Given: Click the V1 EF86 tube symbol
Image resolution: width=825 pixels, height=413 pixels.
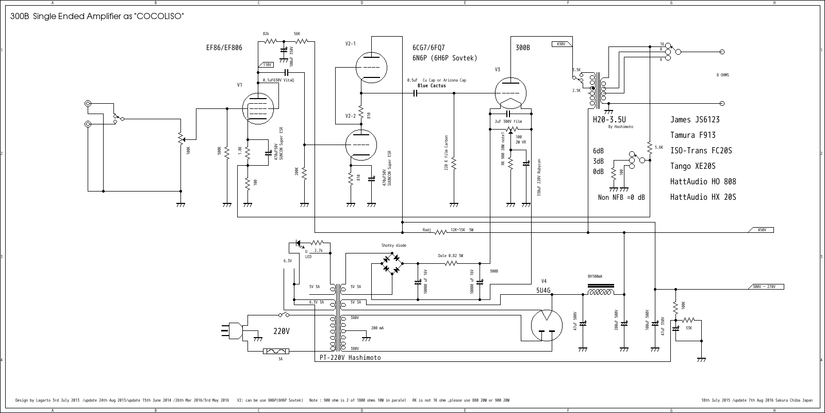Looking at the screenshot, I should (257, 108).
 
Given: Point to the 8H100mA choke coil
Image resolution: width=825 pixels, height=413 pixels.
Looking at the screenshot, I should (601, 293).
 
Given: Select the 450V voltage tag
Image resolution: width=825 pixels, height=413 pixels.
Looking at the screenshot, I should (762, 230).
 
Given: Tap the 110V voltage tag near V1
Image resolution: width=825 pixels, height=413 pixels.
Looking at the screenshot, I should (267, 65).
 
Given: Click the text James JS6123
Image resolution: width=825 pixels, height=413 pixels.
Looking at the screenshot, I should (695, 120).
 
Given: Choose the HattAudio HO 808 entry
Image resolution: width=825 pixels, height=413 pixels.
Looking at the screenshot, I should (703, 182).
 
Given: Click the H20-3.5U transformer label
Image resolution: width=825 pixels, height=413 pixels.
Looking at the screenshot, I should (609, 120).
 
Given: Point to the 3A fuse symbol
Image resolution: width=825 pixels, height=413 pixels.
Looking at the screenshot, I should (276, 352).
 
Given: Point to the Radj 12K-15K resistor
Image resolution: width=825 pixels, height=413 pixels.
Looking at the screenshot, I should (440, 232).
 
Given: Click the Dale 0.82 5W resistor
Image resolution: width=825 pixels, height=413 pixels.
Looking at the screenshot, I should (451, 263).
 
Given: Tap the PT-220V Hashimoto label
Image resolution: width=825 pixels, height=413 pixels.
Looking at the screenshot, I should (350, 358).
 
